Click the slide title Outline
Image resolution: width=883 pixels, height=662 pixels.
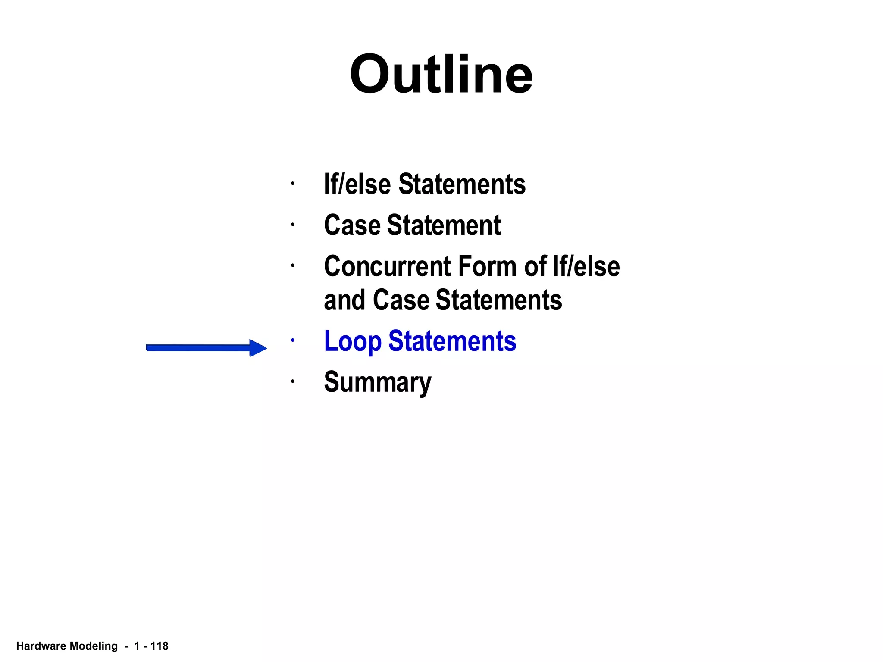(441, 74)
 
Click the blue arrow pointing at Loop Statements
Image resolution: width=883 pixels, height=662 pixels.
(206, 347)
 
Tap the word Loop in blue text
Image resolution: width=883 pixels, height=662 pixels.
(352, 341)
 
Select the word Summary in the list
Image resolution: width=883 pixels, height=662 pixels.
(377, 382)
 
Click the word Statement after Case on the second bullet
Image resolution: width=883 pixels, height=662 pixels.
(444, 225)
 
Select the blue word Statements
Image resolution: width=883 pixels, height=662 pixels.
(452, 341)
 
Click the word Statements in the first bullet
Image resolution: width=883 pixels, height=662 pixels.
(462, 184)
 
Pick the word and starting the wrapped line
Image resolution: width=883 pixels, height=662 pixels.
(344, 300)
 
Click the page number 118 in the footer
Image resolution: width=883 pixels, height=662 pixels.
(159, 646)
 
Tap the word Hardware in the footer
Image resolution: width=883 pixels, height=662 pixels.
(41, 646)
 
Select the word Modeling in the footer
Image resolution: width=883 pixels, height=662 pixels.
(94, 646)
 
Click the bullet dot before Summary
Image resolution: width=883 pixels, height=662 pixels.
(292, 381)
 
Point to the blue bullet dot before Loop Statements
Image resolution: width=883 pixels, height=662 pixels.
(292, 340)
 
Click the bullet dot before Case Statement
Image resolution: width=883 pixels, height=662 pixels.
(292, 225)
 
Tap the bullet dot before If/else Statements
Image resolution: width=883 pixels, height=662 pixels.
(292, 184)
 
